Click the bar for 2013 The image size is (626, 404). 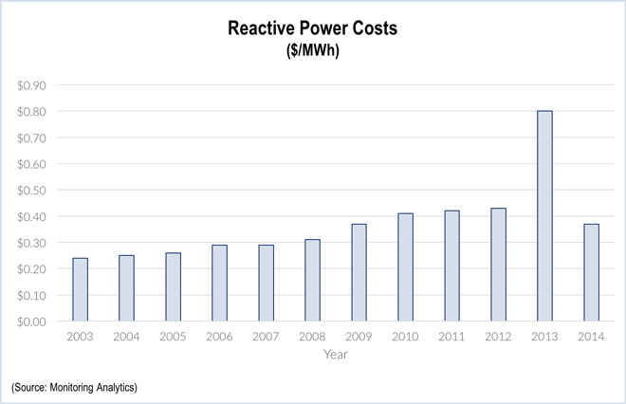click(x=544, y=216)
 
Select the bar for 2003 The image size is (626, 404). click(x=80, y=289)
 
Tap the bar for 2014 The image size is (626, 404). click(x=591, y=272)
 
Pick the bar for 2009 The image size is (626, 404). click(x=359, y=272)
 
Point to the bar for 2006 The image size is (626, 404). click(x=219, y=283)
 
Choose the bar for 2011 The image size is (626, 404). click(x=451, y=266)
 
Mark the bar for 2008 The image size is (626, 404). click(x=312, y=280)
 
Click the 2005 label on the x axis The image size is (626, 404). click(x=173, y=336)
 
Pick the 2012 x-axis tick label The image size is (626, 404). click(x=498, y=336)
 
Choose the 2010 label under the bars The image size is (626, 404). click(x=405, y=336)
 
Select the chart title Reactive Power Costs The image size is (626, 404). click(x=313, y=28)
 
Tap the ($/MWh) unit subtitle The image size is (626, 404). click(x=313, y=50)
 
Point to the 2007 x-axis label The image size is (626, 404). click(x=266, y=336)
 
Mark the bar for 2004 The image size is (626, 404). click(x=126, y=288)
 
